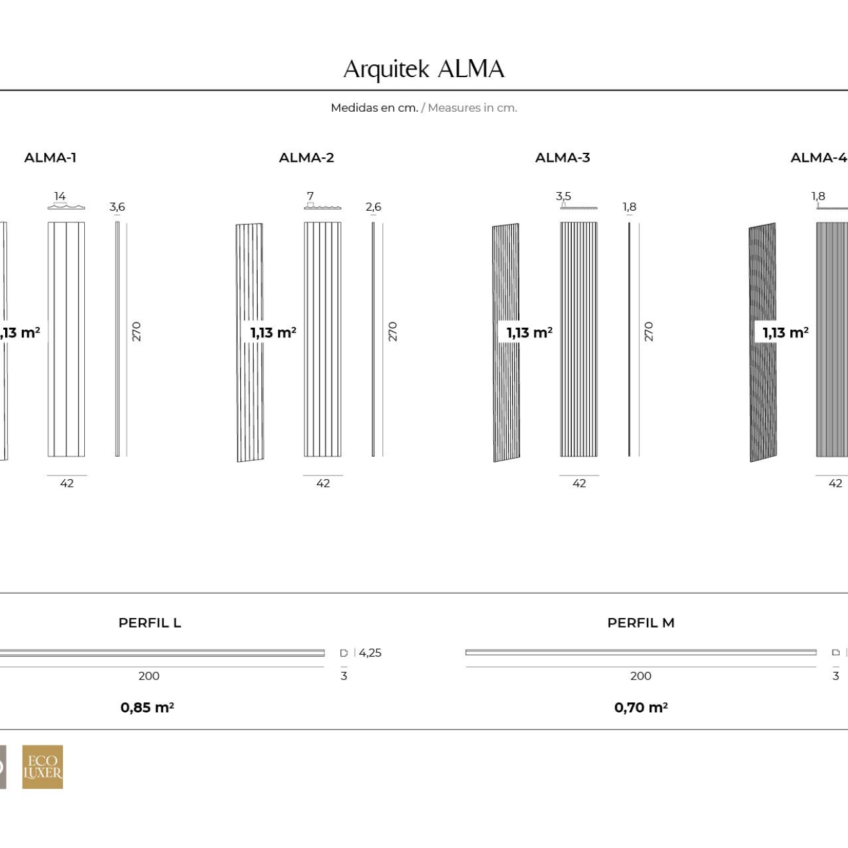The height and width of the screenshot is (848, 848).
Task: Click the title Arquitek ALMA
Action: point(424,69)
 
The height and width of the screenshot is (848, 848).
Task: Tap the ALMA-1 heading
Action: point(50,157)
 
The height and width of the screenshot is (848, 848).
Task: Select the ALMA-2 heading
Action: point(306,157)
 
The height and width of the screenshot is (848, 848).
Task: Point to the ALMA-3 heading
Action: point(562,157)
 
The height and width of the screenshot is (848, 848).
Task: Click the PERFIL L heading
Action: point(150,623)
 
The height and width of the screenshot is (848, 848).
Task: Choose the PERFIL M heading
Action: point(640,623)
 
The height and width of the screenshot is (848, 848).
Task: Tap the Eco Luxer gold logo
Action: point(42,766)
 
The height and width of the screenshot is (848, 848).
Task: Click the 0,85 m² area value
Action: point(147,707)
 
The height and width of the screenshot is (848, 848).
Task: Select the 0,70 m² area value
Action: point(640,707)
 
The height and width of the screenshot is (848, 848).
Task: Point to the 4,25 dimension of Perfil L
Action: point(370,653)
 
